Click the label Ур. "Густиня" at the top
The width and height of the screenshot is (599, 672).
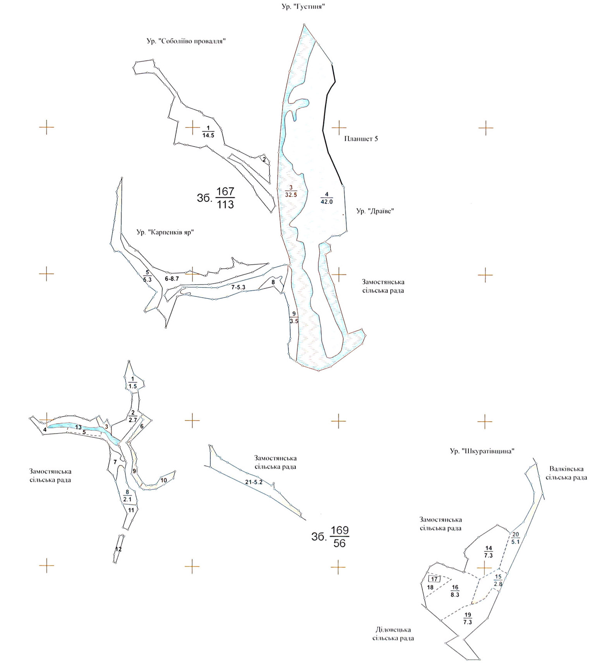click(x=303, y=7)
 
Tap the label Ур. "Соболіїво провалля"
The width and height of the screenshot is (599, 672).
click(x=186, y=41)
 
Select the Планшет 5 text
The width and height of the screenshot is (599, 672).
click(x=361, y=139)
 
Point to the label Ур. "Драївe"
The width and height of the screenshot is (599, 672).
click(x=375, y=211)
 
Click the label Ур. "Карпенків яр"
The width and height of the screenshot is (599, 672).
click(x=165, y=232)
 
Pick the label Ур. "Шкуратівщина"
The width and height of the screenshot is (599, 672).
click(x=482, y=451)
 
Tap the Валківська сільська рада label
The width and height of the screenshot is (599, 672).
click(x=566, y=473)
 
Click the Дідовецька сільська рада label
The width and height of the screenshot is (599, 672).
click(x=393, y=634)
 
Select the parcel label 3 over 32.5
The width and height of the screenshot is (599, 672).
click(x=291, y=191)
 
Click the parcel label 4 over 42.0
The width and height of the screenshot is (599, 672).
click(x=326, y=198)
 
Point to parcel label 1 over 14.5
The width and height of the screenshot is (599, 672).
click(x=208, y=132)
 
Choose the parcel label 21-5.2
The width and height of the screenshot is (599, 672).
click(x=254, y=482)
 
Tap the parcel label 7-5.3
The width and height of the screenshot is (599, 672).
click(x=238, y=287)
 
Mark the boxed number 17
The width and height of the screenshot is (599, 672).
click(x=434, y=579)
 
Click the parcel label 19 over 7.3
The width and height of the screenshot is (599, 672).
click(x=467, y=619)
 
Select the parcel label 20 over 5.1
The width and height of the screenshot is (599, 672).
click(x=515, y=538)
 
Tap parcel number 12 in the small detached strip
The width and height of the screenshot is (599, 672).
click(x=118, y=549)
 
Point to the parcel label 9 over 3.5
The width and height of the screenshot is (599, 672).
click(x=294, y=317)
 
